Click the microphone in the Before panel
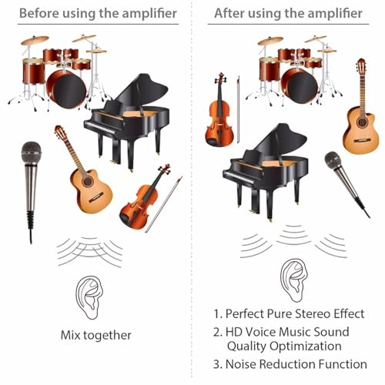pyautogui.click(x=31, y=179)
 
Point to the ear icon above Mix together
pyautogui.click(x=89, y=298)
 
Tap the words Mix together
pyautogui.click(x=96, y=335)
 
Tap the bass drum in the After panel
pyautogui.click(x=300, y=85)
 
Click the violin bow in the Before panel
pyautogui.click(x=164, y=204)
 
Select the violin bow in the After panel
pyautogui.click(x=238, y=109)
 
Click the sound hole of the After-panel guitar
pyautogui.click(x=362, y=122)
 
